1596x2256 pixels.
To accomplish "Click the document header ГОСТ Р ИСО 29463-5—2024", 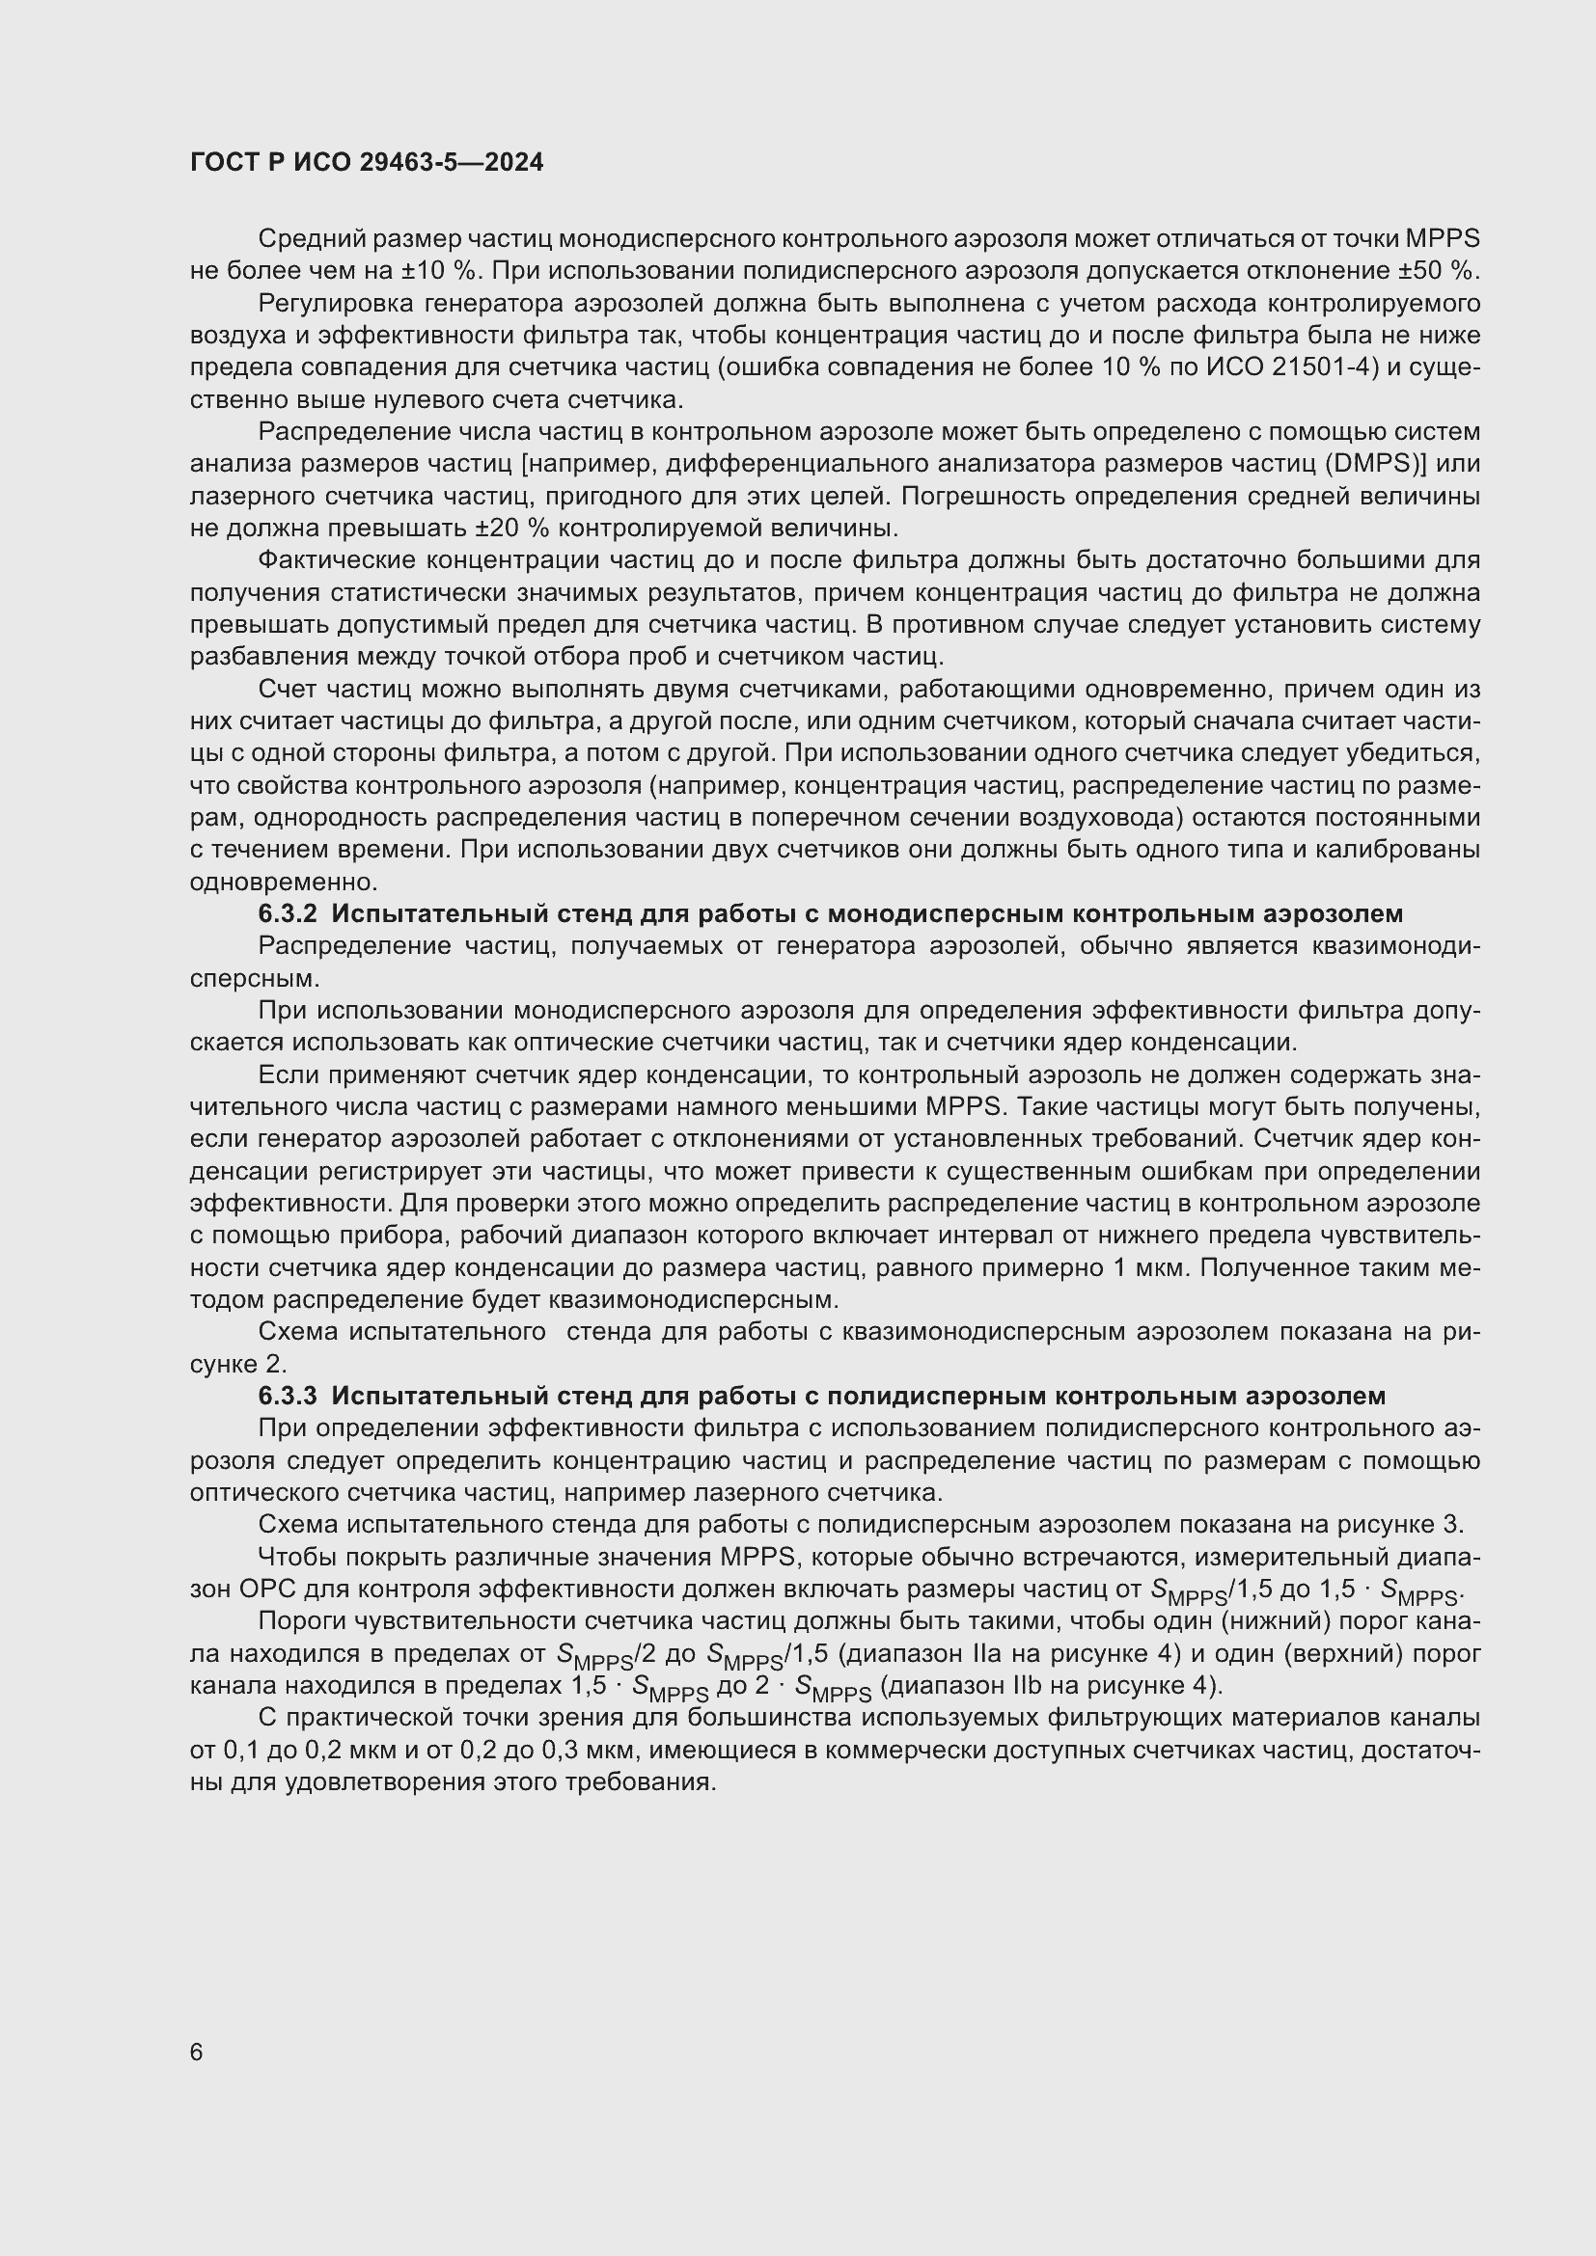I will click(x=367, y=163).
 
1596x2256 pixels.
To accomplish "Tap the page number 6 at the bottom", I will click(x=197, y=2052).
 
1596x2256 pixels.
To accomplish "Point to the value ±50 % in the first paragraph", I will click(x=1439, y=271).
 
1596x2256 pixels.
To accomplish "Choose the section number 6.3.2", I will click(x=287, y=913).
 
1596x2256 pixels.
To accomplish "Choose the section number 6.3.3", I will click(x=287, y=1397).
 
